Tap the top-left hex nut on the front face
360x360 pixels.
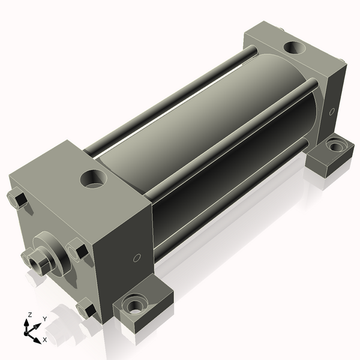[17, 199]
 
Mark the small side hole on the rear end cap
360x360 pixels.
[332, 111]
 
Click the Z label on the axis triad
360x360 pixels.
[29, 315]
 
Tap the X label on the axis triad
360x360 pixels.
[44, 340]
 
